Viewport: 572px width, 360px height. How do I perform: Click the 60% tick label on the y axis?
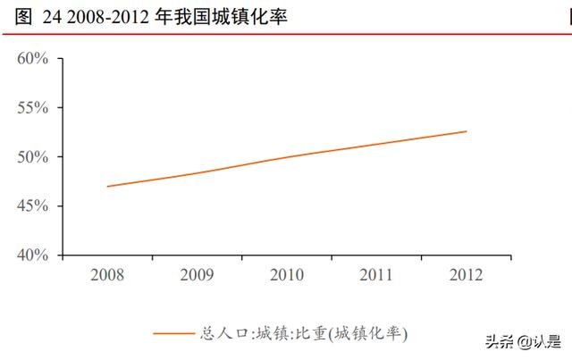pos(32,59)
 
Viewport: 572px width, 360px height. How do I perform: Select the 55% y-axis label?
pos(32,108)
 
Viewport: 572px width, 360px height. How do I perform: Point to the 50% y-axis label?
pos(32,157)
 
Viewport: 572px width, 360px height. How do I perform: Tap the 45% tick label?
pos(32,206)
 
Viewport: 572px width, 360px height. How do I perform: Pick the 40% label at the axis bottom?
pos(32,255)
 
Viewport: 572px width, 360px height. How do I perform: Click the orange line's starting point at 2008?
pos(107,187)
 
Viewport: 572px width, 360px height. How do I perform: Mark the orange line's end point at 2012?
pos(467,131)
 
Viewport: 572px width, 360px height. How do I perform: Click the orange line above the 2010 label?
pos(287,157)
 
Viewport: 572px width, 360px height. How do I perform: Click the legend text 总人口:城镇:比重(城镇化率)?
pos(305,334)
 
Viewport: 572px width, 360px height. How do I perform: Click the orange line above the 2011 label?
pos(376,144)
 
